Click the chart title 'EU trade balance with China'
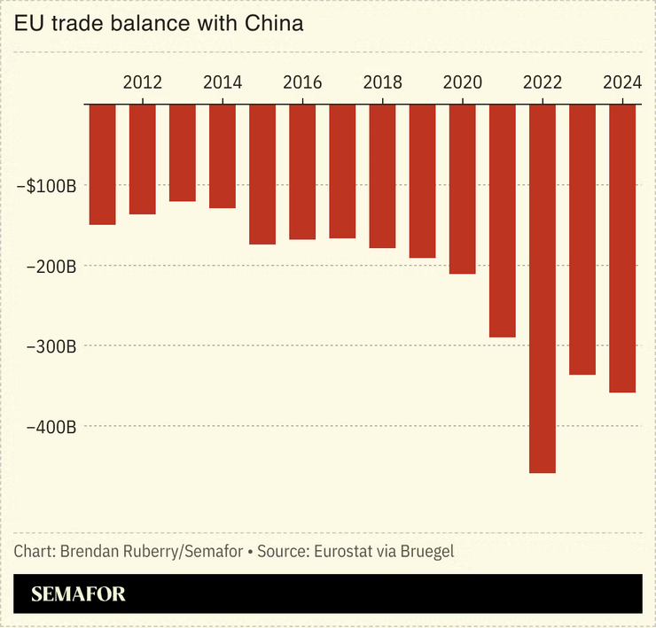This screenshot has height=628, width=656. tap(159, 24)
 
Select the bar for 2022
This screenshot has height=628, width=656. tap(542, 288)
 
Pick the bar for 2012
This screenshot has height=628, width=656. tap(142, 159)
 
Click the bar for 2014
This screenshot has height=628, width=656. tap(222, 156)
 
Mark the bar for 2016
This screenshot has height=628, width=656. tap(302, 172)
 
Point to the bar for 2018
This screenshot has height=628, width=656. tap(382, 175)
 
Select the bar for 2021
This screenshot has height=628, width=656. tap(502, 221)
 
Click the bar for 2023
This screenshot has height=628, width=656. tap(582, 239)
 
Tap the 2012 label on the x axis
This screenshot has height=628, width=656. tap(142, 83)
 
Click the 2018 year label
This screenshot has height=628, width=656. tap(382, 83)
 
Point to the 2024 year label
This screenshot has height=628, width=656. tap(622, 83)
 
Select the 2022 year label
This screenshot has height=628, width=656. tap(542, 83)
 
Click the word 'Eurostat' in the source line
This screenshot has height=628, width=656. tap(340, 551)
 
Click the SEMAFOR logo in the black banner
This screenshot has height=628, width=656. tap(78, 594)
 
